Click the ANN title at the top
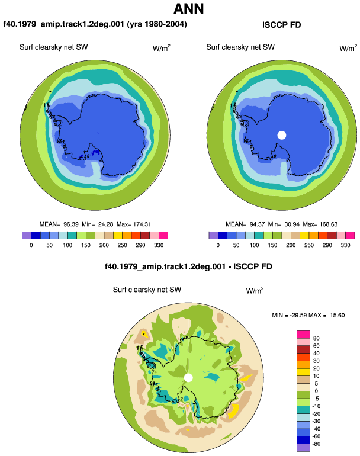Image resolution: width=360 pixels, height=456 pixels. (x=188, y=8)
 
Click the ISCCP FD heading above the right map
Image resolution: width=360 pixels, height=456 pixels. (x=281, y=25)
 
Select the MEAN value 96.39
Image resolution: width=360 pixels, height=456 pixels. (x=71, y=224)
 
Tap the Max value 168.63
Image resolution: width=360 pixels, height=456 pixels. (x=330, y=224)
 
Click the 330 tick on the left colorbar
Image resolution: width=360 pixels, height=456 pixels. (x=159, y=245)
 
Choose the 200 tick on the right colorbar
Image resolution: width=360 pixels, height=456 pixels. (x=291, y=245)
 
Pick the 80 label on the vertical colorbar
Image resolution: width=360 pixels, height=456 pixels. (x=316, y=338)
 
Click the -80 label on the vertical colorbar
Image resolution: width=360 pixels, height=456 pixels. (x=316, y=444)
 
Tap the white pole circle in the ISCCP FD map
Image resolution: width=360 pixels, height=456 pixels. (x=282, y=135)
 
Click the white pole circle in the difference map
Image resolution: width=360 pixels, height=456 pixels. (x=189, y=378)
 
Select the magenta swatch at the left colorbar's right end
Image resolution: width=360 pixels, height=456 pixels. (x=163, y=235)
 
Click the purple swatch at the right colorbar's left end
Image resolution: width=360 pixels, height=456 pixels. (x=213, y=235)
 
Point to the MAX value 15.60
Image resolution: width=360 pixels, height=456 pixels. (x=337, y=315)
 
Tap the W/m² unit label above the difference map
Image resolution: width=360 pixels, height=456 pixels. (x=255, y=290)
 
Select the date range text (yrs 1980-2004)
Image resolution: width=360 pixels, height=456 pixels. (x=157, y=24)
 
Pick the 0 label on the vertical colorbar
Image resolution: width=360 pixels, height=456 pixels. (x=316, y=391)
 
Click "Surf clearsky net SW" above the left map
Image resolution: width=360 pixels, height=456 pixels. (x=54, y=47)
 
